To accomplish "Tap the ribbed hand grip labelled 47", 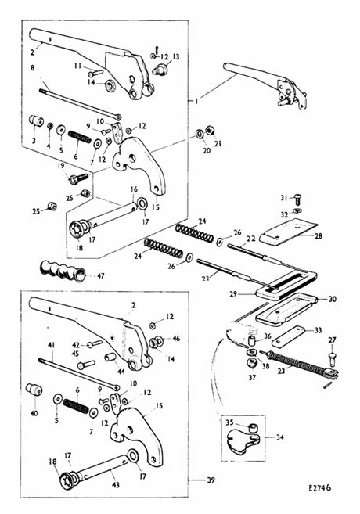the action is (x=63, y=271).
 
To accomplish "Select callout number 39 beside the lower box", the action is (x=211, y=480).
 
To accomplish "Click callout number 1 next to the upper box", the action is (x=196, y=102).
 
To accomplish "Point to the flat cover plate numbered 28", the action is (x=289, y=232).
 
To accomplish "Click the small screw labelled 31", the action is (x=297, y=198).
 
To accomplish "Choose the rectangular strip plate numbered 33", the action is (x=288, y=336).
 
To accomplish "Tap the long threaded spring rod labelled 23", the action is (x=300, y=364).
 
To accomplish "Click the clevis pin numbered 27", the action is (x=332, y=357).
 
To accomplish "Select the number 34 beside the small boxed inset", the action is (x=279, y=437).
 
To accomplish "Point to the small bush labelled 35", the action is (x=252, y=428).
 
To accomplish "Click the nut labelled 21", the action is (x=210, y=131).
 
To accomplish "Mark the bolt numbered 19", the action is (x=78, y=178).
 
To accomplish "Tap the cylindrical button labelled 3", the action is (x=36, y=120).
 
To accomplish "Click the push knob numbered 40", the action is (x=34, y=389).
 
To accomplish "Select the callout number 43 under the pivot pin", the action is (x=115, y=485).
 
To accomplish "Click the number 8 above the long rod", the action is (x=32, y=68).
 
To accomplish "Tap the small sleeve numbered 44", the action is (x=110, y=357).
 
